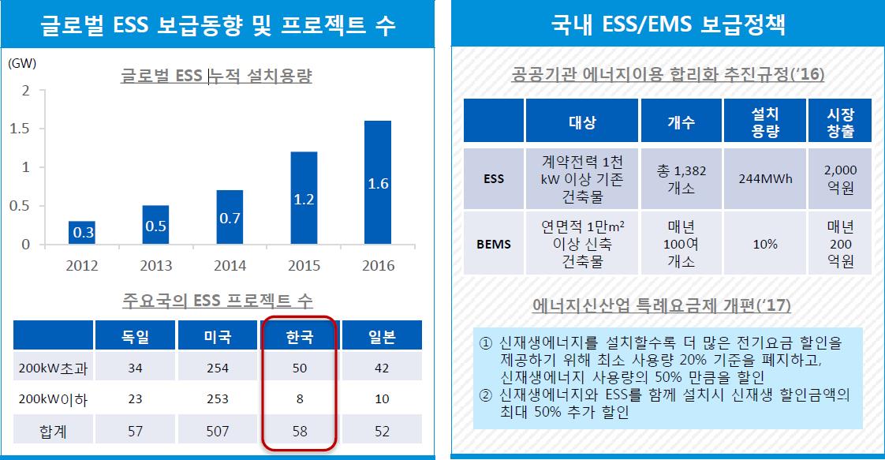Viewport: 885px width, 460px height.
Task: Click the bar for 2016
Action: click(378, 182)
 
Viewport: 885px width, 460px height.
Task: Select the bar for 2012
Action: click(81, 233)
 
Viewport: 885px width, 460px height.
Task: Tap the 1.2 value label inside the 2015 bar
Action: click(304, 200)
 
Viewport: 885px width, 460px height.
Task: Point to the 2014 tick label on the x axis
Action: click(230, 265)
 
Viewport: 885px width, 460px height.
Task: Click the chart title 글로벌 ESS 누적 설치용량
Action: click(216, 77)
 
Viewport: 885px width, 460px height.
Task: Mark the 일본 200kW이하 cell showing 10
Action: click(382, 400)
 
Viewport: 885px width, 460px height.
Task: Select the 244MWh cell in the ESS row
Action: click(764, 178)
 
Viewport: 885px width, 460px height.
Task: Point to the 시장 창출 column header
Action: click(840, 122)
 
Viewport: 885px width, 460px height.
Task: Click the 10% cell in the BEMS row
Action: click(764, 244)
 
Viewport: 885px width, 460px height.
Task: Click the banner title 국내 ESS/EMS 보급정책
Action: click(667, 24)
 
